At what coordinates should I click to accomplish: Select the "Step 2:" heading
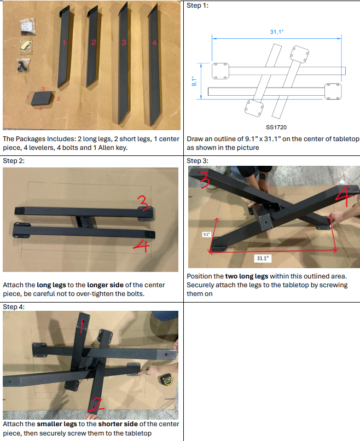pos(14,161)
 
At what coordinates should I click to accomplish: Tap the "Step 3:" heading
pos(198,161)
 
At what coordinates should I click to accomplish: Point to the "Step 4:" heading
pos(14,307)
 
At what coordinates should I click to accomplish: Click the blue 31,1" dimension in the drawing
pos(276,32)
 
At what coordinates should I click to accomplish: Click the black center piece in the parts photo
pos(42,98)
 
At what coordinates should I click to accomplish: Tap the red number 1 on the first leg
pos(64,42)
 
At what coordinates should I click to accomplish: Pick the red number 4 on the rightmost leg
pos(154,43)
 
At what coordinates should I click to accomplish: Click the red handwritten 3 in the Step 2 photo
pos(143,205)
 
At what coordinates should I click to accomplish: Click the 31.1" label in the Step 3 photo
pos(264,257)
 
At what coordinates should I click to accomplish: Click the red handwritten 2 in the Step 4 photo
pos(96,405)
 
